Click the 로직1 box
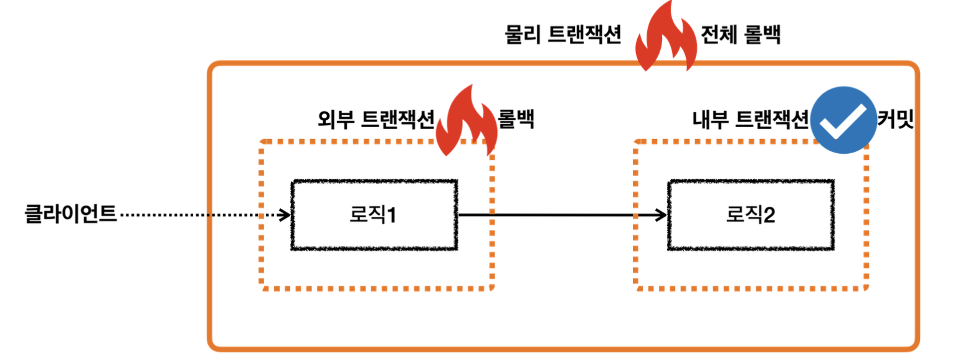[374, 216]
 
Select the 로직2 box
[751, 216]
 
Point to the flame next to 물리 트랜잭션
[665, 37]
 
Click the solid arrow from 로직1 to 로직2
[561, 216]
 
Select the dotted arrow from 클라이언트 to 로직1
[199, 216]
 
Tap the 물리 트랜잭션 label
[563, 35]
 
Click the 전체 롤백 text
[741, 35]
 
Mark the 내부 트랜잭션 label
[751, 118]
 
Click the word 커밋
[894, 118]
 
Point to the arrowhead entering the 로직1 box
[285, 216]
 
